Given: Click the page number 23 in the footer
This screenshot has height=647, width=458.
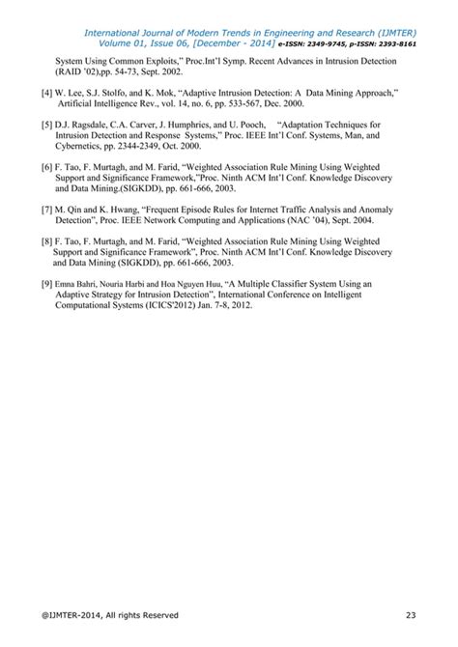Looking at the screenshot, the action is [x=411, y=615].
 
